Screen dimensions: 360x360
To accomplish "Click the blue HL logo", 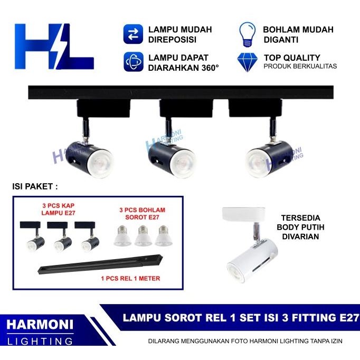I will tap(54, 46).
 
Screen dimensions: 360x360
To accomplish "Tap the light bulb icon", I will tap(247, 34).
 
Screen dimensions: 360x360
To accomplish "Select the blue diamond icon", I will tap(247, 61).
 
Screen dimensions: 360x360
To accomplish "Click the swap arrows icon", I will tap(134, 34).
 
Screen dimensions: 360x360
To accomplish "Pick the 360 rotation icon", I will tap(134, 62).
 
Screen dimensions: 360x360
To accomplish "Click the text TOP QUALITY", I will tap(291, 58).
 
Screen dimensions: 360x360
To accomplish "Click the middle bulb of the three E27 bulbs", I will tap(143, 236).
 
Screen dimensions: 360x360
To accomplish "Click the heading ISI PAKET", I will tap(35, 186).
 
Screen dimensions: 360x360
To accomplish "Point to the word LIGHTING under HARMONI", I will tap(40, 341).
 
